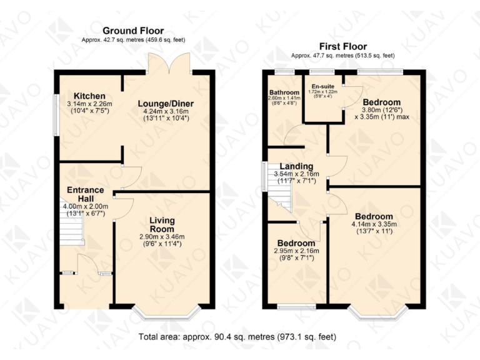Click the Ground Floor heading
[x=133, y=31]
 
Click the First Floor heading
[x=342, y=46]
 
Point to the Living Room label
[x=162, y=224]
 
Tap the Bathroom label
[x=284, y=91]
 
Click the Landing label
[x=297, y=166]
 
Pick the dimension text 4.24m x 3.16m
[x=166, y=114]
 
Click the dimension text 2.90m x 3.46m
[x=162, y=237]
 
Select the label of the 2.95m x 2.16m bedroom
[x=296, y=243]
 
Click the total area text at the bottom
[x=237, y=337]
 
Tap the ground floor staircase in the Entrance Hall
[x=71, y=231]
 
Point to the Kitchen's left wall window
[x=55, y=114]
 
